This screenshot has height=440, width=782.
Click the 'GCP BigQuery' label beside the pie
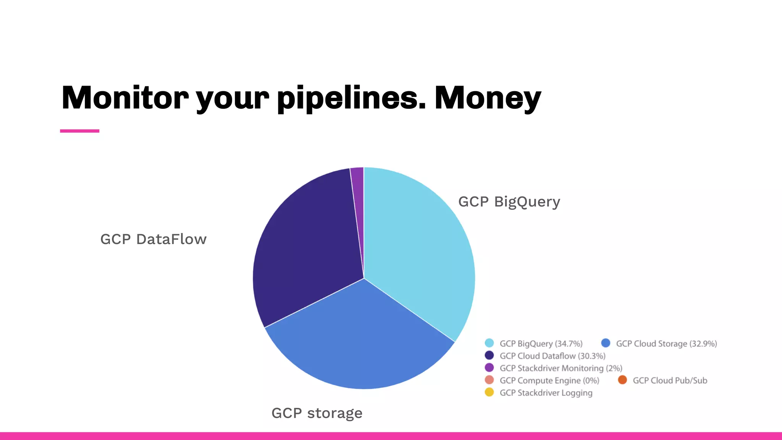click(509, 202)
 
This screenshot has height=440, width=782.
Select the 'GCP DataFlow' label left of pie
click(153, 239)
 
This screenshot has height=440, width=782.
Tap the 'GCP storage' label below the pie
click(317, 413)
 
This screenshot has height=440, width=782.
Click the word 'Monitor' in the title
click(125, 98)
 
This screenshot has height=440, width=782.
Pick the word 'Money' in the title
click(488, 98)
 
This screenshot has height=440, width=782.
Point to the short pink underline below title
click(79, 131)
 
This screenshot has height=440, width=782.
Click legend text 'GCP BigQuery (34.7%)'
click(541, 344)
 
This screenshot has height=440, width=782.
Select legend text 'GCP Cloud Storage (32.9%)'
click(666, 344)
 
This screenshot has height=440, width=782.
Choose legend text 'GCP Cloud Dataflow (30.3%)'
click(553, 356)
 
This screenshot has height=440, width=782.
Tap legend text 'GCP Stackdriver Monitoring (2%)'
click(561, 368)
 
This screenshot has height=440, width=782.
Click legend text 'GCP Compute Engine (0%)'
click(549, 380)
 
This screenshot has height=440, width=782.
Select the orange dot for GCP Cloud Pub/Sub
click(622, 380)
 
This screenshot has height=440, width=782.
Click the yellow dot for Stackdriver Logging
click(489, 392)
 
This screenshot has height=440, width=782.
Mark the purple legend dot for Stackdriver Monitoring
click(489, 368)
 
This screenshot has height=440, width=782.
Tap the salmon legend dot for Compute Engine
click(489, 380)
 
